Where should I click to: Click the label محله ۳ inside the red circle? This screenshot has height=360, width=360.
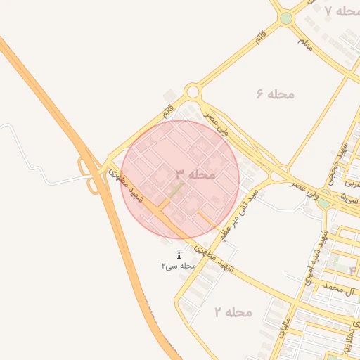[195, 174]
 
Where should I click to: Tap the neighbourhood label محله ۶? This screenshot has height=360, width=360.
[275, 94]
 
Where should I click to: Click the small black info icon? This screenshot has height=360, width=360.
[179, 255]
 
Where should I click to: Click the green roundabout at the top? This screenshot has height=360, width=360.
[286, 18]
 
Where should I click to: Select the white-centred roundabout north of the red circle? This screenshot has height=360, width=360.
[193, 92]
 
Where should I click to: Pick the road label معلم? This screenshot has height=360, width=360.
[305, 44]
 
